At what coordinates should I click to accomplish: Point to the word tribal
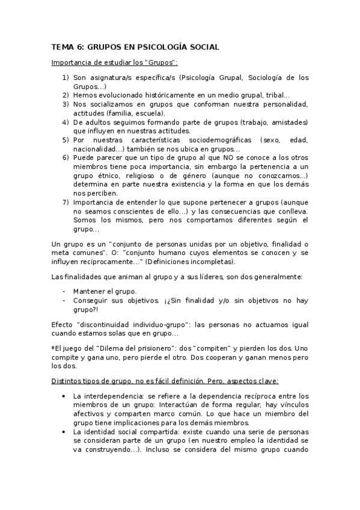pos(276,95)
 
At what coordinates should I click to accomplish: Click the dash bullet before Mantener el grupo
pos(64,290)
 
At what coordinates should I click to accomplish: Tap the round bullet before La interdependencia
pos(65,396)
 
